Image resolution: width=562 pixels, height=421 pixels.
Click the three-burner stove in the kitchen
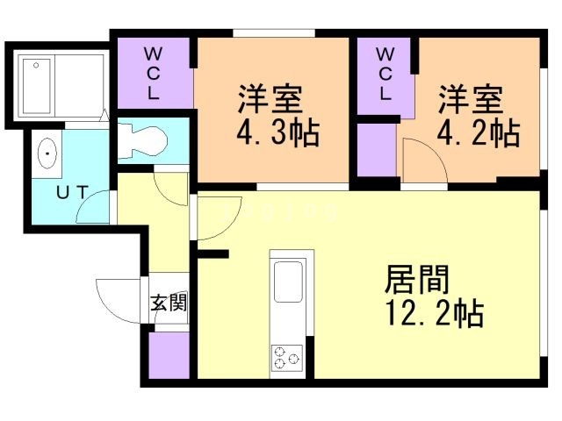286,358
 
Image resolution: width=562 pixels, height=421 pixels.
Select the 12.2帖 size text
434,312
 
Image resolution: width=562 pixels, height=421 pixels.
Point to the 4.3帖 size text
277,133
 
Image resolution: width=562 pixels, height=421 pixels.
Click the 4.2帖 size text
478,133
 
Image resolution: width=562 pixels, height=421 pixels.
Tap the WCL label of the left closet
153,73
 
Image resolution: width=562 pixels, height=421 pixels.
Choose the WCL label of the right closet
385,73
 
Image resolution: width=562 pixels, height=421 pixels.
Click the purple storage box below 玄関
169,355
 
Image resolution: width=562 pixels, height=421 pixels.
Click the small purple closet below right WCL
376,150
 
